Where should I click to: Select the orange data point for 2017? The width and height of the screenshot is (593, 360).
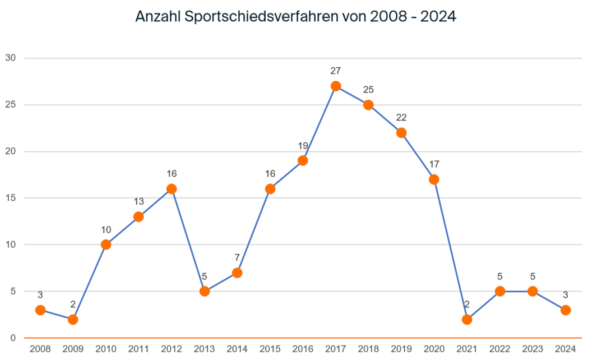pyautogui.click(x=336, y=86)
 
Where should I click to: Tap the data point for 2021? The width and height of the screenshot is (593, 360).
pyautogui.click(x=467, y=320)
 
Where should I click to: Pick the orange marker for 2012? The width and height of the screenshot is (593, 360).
pyautogui.click(x=172, y=189)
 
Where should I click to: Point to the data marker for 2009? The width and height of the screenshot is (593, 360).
pyautogui.click(x=73, y=320)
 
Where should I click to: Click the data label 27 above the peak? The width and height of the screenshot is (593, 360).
pyautogui.click(x=336, y=71)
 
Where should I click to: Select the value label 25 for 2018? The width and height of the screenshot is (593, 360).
pyautogui.click(x=368, y=90)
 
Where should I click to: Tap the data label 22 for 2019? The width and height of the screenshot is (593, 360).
pyautogui.click(x=401, y=118)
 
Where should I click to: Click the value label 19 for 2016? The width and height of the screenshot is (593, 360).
pyautogui.click(x=303, y=146)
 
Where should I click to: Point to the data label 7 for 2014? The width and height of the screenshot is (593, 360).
pyautogui.click(x=237, y=258)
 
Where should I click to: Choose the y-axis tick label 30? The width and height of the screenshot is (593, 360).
pyautogui.click(x=11, y=58)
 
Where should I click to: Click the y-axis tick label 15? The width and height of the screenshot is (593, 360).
pyautogui.click(x=11, y=198)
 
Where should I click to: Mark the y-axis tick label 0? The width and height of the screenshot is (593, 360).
pyautogui.click(x=12, y=338)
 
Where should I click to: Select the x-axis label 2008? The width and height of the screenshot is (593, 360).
pyautogui.click(x=40, y=349)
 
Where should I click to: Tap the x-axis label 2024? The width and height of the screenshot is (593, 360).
pyautogui.click(x=566, y=349)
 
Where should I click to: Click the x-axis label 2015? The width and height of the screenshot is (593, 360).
pyautogui.click(x=270, y=349)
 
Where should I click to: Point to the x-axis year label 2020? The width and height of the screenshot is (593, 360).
pyautogui.click(x=434, y=349)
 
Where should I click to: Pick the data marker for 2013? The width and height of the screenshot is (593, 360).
pyautogui.click(x=205, y=292)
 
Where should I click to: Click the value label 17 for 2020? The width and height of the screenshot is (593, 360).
pyautogui.click(x=434, y=164)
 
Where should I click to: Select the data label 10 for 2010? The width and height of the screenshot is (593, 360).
pyautogui.click(x=106, y=230)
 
